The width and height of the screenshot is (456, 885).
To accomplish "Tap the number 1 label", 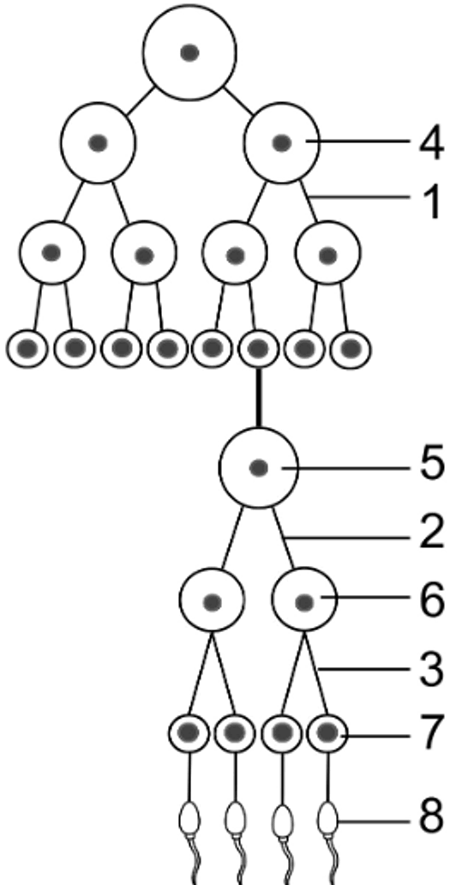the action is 433,202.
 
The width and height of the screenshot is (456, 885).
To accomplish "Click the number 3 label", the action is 432,669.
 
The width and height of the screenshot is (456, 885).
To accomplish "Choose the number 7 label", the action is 432,733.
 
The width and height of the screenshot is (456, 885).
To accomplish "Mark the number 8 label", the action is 432,818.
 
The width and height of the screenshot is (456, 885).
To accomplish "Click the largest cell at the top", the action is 189,53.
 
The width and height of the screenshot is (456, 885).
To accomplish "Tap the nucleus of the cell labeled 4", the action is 281,143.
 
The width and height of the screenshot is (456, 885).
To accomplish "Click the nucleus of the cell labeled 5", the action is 259,467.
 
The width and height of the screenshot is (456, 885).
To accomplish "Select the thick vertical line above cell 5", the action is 259,397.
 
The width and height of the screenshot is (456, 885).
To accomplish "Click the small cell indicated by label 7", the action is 327,733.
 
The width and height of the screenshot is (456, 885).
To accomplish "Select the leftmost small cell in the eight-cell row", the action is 27,349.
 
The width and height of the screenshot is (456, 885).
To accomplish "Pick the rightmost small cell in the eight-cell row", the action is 351,349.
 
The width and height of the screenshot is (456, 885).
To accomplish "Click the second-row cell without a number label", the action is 99,143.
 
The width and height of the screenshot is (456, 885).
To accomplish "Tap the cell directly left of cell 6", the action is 213,602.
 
